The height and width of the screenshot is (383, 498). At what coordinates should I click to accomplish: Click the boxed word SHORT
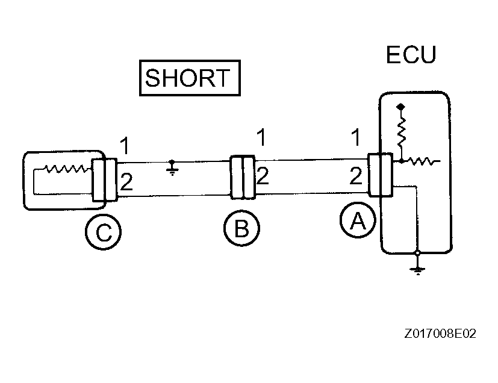pyautogui.click(x=189, y=78)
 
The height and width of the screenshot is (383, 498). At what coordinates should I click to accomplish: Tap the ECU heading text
pyautogui.click(x=411, y=55)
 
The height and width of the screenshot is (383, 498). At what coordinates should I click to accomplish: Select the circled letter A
pyautogui.click(x=358, y=222)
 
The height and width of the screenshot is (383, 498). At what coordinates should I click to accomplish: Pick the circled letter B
pyautogui.click(x=241, y=229)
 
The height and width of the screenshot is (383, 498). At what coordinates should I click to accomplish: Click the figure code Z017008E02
pyautogui.click(x=440, y=333)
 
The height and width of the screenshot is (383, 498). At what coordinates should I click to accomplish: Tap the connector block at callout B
pyautogui.click(x=243, y=177)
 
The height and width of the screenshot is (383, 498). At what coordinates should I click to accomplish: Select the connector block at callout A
pyautogui.click(x=381, y=175)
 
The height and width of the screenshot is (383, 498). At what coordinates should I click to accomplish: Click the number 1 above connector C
pyautogui.click(x=124, y=146)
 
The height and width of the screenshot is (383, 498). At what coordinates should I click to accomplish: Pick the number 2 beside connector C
pyautogui.click(x=126, y=181)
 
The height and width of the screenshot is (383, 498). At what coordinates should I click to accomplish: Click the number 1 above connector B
pyautogui.click(x=261, y=138)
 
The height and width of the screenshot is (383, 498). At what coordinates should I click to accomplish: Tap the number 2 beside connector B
pyautogui.click(x=263, y=176)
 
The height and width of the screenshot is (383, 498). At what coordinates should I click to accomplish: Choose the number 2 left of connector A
pyautogui.click(x=355, y=176)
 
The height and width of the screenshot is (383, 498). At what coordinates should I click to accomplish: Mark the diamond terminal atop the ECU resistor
pyautogui.click(x=400, y=107)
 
